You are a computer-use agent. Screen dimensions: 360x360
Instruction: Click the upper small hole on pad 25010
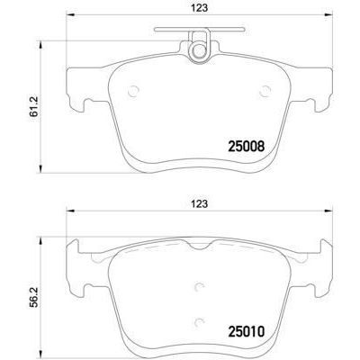[199, 288]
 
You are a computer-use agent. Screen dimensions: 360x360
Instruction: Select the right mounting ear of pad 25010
[319, 261]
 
